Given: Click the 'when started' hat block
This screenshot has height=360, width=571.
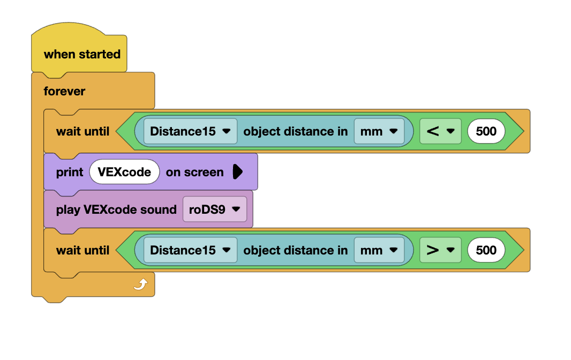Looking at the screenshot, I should [x=81, y=54].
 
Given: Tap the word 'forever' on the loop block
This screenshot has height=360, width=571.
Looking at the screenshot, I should [x=64, y=91].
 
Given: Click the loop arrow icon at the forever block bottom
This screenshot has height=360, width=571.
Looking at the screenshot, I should [x=140, y=285].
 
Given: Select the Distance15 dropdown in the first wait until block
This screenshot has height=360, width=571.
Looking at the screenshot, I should [x=190, y=131].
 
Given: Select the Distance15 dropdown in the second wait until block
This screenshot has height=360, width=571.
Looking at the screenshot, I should [x=190, y=250].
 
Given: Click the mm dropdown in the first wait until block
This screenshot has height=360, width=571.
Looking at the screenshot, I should [x=379, y=131].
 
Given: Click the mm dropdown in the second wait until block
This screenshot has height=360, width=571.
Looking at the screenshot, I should [x=379, y=250].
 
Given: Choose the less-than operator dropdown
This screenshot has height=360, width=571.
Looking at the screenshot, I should [x=440, y=131].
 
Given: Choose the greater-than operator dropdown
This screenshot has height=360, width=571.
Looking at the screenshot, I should [x=440, y=250].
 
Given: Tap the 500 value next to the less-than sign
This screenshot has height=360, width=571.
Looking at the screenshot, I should [x=486, y=131].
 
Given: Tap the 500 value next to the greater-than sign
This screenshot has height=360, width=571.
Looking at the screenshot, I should [x=486, y=250].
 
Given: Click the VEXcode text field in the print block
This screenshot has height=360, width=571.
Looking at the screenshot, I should [x=124, y=172].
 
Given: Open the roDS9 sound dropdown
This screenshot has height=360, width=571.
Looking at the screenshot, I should [x=214, y=209].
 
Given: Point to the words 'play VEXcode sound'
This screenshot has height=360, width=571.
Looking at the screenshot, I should [x=116, y=209].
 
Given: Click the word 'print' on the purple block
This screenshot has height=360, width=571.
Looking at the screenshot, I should [x=70, y=172].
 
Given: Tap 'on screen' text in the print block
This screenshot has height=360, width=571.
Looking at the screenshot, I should [x=194, y=172].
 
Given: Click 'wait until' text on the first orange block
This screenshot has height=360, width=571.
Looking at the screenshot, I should [x=82, y=131].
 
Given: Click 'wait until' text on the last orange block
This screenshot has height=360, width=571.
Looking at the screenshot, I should [x=82, y=250].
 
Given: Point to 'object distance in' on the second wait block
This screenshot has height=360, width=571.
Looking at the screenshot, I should [x=295, y=250].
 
